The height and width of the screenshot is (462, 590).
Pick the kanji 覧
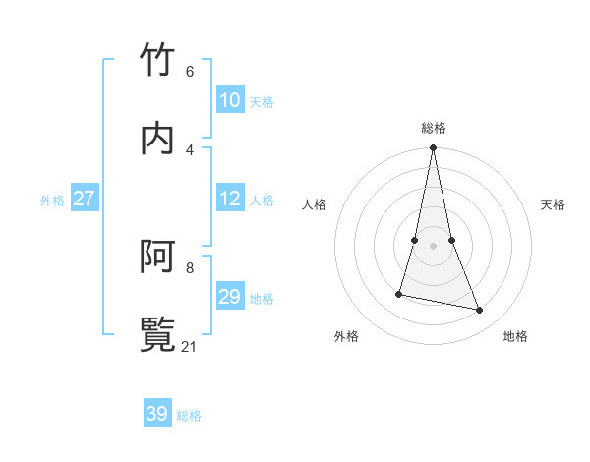coord(158,335)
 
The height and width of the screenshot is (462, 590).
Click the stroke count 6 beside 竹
coord(189,72)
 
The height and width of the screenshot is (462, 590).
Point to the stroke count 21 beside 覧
coord(191,347)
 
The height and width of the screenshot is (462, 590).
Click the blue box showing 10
coord(230,100)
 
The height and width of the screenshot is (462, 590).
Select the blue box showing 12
coord(230,199)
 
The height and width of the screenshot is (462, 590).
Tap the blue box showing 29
coord(230,297)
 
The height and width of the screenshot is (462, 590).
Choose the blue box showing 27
coord(85,199)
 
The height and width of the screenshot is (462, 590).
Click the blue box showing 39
coord(157,414)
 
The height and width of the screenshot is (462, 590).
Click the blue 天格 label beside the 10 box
coord(262,102)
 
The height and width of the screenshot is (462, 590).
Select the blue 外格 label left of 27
coord(52,201)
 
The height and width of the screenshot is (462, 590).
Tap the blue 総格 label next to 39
coord(189,416)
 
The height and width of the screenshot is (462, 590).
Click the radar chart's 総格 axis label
coord(434,128)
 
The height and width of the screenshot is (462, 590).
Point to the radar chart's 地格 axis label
coord(515,336)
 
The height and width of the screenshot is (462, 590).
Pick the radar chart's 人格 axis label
coord(315,204)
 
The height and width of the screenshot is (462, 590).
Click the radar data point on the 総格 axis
coord(434,148)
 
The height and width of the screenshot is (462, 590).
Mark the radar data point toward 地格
coord(480,310)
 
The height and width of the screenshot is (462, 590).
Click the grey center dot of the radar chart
coord(434,246)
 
